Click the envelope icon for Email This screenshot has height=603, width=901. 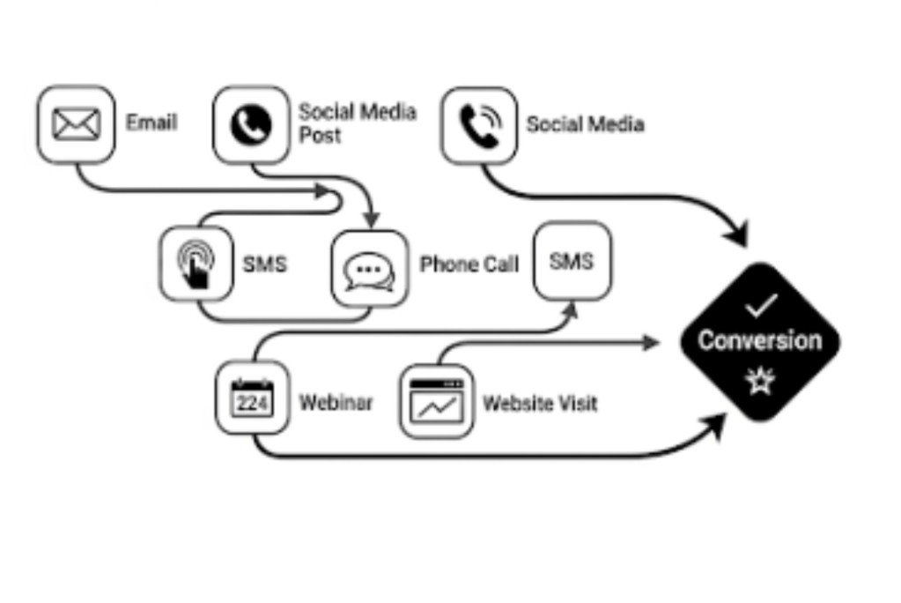point(76,124)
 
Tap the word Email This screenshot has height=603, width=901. point(151,123)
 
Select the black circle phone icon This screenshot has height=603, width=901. point(251,124)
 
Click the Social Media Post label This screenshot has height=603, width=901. point(357,123)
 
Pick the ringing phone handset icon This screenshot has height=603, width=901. point(478,125)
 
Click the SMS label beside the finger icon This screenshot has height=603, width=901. point(264,264)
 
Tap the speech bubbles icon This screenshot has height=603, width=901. point(370,269)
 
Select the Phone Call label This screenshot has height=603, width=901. point(469,264)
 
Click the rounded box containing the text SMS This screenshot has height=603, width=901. point(572,261)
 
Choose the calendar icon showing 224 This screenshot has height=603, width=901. point(252,398)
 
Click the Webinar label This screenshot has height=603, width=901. point(336,403)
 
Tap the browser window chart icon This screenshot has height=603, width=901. point(437,401)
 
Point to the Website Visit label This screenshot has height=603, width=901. point(540,404)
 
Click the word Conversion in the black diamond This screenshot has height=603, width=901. point(759,340)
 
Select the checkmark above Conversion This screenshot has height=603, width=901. point(760,306)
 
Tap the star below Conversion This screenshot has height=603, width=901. point(759,381)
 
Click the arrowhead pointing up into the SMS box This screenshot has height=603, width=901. point(571,310)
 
